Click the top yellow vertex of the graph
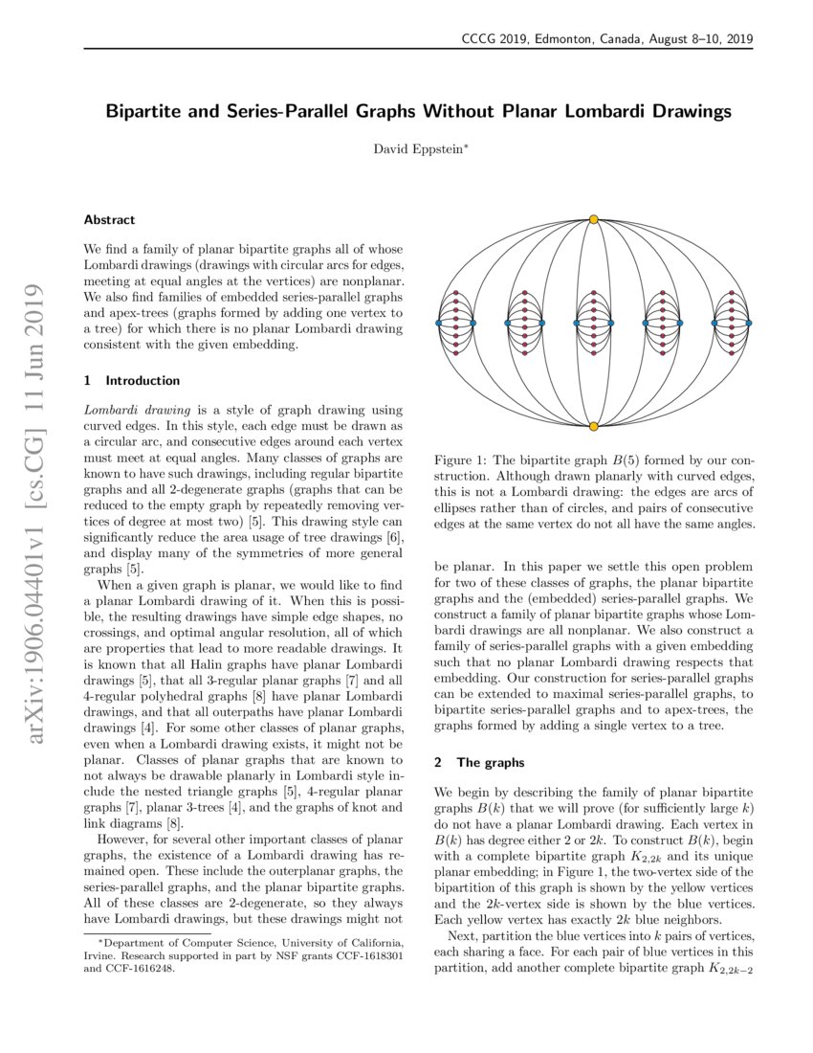594,220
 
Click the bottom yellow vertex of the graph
594,426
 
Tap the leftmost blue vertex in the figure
438,324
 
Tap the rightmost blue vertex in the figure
749,324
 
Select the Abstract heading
109,219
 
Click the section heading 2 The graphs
480,763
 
